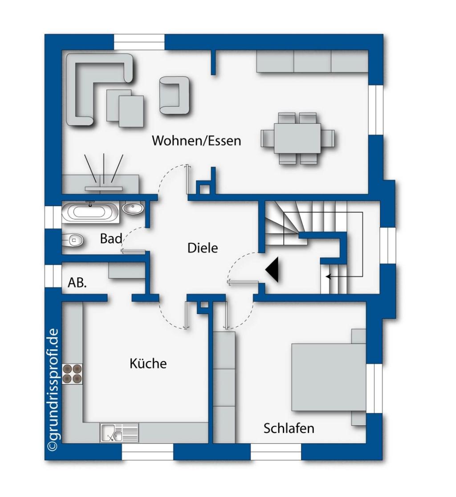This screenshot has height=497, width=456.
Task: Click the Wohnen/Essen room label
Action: pos(196,141)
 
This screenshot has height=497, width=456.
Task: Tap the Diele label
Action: pos(203,248)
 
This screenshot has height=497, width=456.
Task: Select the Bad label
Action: pos(111,238)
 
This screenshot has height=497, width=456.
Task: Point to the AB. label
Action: pos(77,282)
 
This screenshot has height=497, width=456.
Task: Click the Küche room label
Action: pos(148,363)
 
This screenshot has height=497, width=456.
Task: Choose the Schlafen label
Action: pos(289,428)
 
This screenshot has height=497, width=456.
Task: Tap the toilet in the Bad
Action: pos(73,240)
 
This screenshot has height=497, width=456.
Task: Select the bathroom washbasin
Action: pos(133,208)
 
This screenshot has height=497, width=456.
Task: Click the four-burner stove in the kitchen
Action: pos(72,374)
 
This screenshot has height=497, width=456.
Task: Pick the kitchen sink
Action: pos(119,432)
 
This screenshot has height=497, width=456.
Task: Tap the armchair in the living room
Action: pos(175,95)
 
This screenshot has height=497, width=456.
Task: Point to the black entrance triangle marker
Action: pos(273,270)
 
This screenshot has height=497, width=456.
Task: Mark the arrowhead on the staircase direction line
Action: pos(328,277)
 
